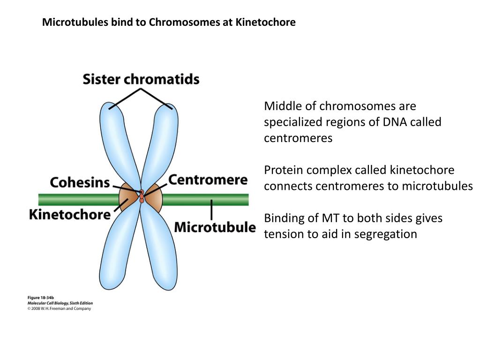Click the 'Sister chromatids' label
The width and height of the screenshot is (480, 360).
tap(141, 79)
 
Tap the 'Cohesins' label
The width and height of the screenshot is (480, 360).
tap(80, 182)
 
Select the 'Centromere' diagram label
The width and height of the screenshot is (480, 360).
tap(208, 180)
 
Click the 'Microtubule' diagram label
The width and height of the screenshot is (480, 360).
tap(215, 228)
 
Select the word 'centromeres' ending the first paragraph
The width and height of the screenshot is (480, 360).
tap(298, 138)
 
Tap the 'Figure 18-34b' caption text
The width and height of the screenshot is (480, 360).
tap(41, 298)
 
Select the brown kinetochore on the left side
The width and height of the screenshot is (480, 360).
tap(127, 197)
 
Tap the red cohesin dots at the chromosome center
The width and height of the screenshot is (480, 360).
tap(141, 196)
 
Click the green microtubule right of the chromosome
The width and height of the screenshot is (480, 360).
tap(206, 200)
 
